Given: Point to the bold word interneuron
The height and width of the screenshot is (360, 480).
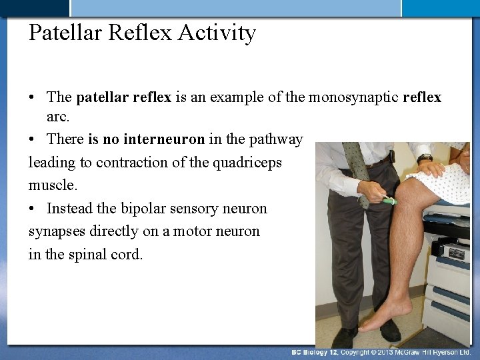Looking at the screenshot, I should pyautogui.click(x=164, y=139).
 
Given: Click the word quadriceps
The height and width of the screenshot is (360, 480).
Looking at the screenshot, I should pyautogui.click(x=247, y=163).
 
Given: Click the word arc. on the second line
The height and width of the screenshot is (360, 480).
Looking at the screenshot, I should pyautogui.click(x=58, y=117).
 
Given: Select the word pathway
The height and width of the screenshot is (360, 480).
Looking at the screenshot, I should pyautogui.click(x=275, y=139).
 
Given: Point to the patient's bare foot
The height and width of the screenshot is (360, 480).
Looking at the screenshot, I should pyautogui.click(x=383, y=313).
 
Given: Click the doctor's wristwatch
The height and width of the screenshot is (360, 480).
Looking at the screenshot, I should pyautogui.click(x=424, y=158).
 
